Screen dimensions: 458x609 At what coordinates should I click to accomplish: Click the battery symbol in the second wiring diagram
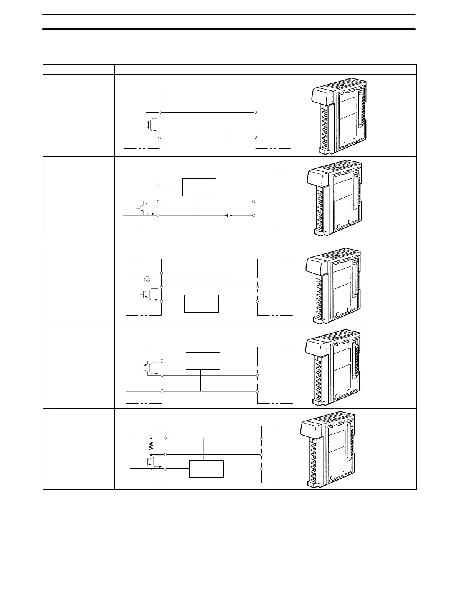click(229, 216)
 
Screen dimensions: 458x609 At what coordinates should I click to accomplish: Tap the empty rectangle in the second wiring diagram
click(199, 187)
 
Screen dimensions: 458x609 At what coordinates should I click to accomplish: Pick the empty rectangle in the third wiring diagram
click(201, 304)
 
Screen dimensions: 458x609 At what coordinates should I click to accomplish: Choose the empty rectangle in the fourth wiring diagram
click(203, 361)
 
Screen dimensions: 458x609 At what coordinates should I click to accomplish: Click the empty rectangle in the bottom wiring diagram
click(206, 469)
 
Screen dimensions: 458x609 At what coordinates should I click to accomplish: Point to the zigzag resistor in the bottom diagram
click(151, 446)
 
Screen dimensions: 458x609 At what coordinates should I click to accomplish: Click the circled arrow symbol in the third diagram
click(147, 279)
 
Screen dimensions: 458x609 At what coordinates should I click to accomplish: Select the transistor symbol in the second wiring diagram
click(141, 208)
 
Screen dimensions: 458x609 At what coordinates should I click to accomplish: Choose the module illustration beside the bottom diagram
click(328, 450)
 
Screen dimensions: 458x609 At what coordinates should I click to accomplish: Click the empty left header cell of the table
click(79, 69)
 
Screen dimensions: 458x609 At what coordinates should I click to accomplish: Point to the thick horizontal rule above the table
click(229, 29)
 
